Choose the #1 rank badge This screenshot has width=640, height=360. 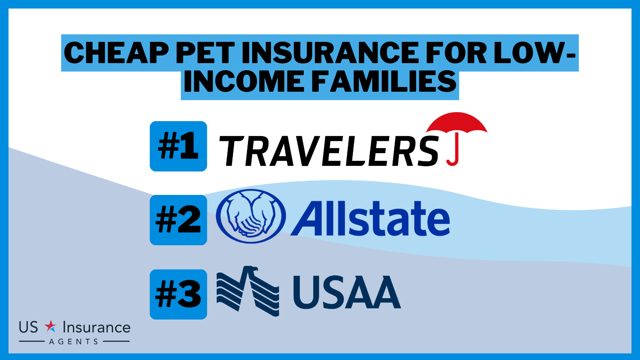coord(178,146)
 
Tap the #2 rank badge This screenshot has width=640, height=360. coord(178,220)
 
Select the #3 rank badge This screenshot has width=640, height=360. coord(178,294)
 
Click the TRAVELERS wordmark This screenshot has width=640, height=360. coord(328,151)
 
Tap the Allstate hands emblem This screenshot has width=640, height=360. coord(250,216)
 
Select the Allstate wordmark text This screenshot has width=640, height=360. coord(370,218)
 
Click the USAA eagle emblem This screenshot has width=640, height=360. coord(248,291)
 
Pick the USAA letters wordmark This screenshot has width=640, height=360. coord(347,292)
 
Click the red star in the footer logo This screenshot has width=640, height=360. coord(51,326)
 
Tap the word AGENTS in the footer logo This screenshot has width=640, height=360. coord(74,341)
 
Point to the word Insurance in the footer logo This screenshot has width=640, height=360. coord(96,328)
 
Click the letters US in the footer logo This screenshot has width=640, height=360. coord(28,328)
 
